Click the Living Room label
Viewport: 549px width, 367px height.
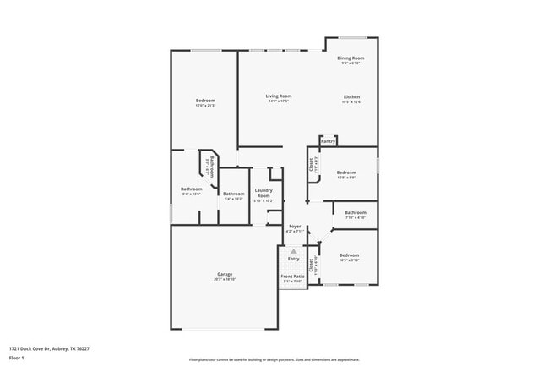click(279, 96)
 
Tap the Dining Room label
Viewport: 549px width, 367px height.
click(351, 58)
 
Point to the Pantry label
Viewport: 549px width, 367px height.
click(328, 141)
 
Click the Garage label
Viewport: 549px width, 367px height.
click(225, 274)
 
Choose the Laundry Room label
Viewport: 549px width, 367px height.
click(264, 194)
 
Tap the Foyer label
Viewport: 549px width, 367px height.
click(295, 227)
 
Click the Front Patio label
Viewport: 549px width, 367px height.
click(291, 276)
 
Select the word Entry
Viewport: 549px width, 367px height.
click(293, 259)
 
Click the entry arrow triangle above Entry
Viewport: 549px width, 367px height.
click(293, 251)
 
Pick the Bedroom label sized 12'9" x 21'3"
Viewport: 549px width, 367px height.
click(205, 101)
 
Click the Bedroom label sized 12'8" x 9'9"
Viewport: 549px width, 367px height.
click(346, 173)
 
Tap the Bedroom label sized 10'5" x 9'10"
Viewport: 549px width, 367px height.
click(350, 255)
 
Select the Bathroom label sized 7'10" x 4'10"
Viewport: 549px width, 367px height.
click(356, 212)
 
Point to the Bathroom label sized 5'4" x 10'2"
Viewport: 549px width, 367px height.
click(234, 194)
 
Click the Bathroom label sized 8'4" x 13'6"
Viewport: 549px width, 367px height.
click(191, 189)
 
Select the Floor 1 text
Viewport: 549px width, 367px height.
click(16, 358)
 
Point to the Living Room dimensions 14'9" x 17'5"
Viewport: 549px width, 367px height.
click(279, 102)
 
